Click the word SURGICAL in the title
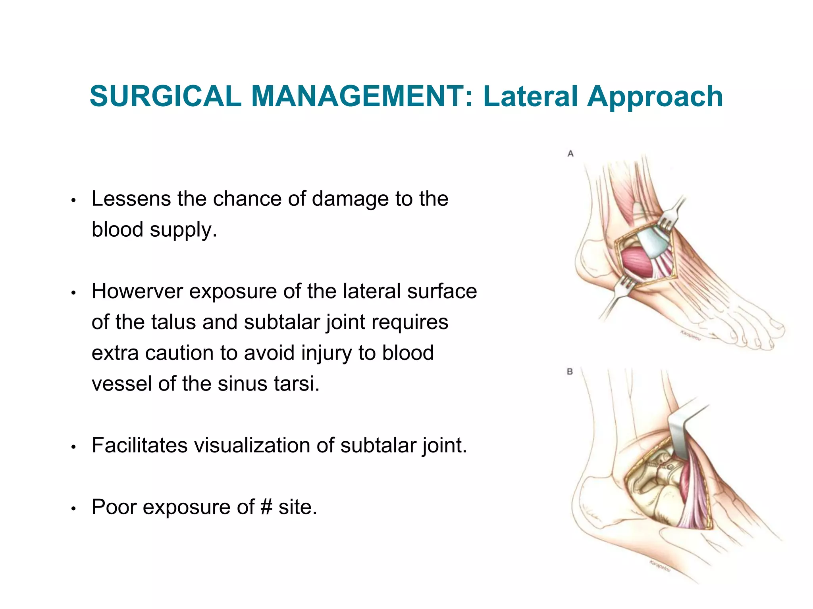(166, 96)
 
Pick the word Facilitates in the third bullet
(139, 445)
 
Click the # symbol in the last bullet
(266, 507)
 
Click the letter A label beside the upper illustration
(570, 154)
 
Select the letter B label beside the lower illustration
(570, 372)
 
